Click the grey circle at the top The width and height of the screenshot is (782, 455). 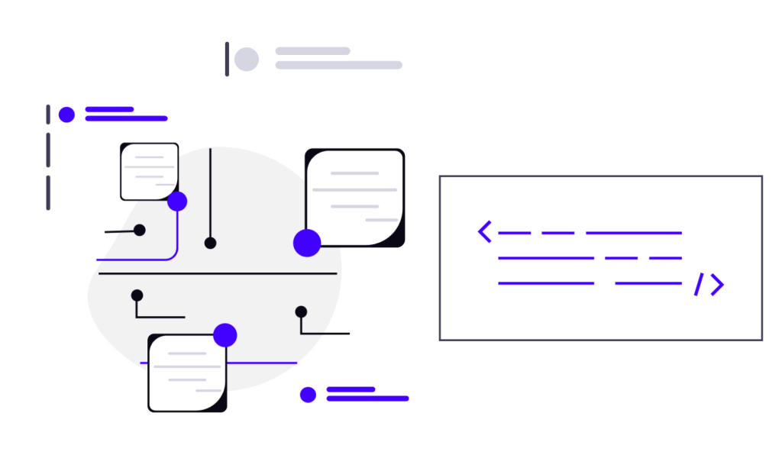pos(246,59)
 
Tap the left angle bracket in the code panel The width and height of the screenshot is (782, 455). pos(484,231)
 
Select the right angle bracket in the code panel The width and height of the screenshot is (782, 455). pos(716,284)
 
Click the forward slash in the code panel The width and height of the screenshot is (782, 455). pos(698,284)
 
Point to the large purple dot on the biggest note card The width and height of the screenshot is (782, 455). pos(307,243)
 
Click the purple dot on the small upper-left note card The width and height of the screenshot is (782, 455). pos(177,202)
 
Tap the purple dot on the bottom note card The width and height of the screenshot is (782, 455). pos(225,334)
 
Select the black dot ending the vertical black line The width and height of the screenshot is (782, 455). pos(210,243)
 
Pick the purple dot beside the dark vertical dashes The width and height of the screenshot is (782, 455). pos(67,115)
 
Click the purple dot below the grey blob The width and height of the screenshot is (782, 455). pos(308,394)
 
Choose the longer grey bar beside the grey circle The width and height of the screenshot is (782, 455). pos(338,66)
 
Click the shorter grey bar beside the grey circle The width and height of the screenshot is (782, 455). pos(312,51)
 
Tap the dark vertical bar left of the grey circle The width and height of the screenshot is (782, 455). pos(227,59)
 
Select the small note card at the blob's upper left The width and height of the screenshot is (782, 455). pos(149,171)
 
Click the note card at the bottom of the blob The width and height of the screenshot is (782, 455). pos(187,373)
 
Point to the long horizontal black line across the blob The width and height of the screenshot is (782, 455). pos(218,273)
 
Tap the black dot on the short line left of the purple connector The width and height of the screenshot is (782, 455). pos(139,230)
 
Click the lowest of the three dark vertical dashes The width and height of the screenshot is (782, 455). pos(48,192)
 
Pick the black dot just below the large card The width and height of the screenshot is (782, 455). pos(301,311)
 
